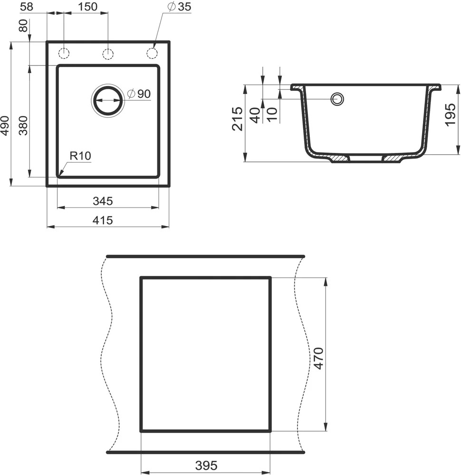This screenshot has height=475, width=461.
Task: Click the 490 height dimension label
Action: [5, 125]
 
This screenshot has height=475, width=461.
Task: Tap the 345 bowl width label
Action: [103, 201]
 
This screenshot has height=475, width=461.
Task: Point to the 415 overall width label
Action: [103, 220]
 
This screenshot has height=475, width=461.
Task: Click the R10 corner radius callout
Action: [80, 156]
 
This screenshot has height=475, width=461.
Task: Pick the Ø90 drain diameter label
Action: [139, 94]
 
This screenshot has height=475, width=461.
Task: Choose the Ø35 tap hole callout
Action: [180, 7]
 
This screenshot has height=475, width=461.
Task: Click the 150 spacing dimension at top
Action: [87, 7]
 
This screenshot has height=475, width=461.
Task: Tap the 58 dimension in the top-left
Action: [26, 7]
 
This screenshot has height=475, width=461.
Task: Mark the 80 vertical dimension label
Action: [23, 26]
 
